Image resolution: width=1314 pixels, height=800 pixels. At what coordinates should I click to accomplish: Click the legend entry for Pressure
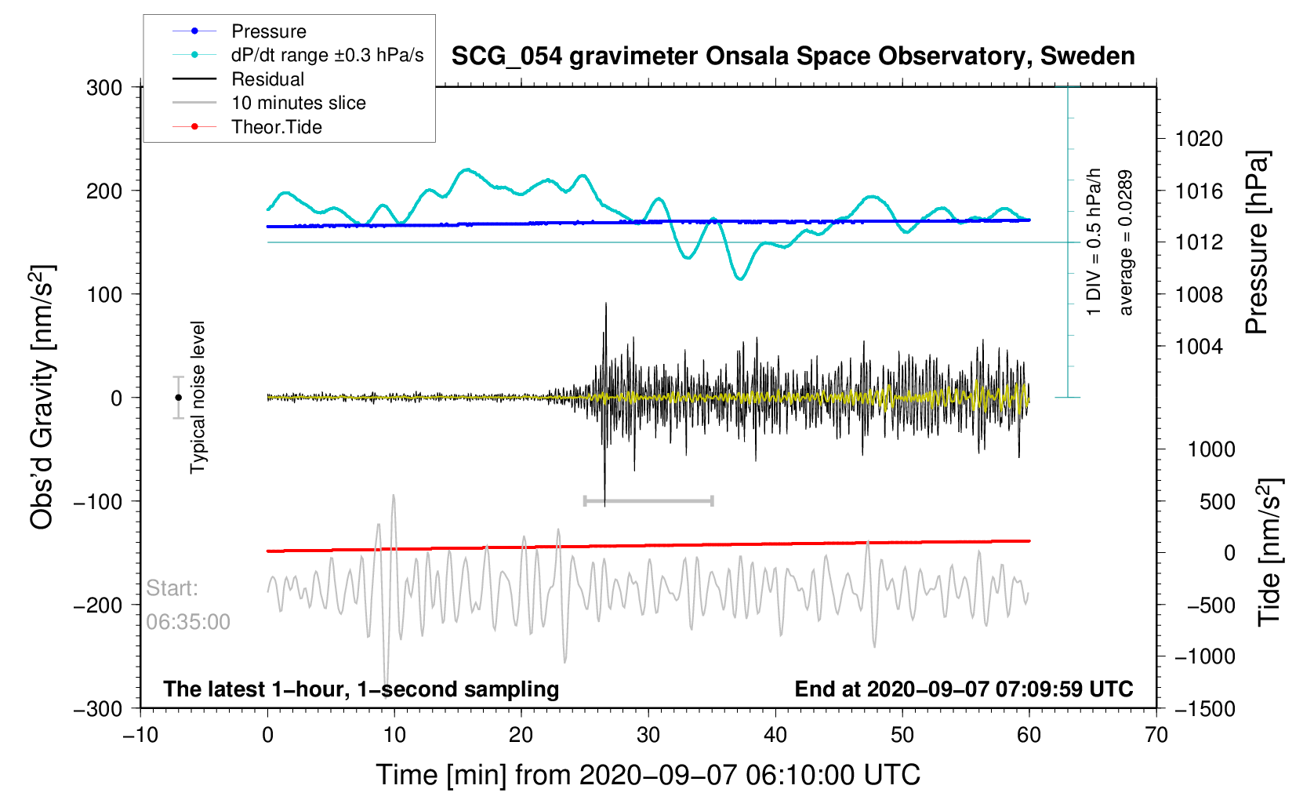point(268,31)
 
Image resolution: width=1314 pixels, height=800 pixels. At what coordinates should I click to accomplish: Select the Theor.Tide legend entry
point(276,127)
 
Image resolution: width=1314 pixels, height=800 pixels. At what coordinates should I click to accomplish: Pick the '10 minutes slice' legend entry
point(298,103)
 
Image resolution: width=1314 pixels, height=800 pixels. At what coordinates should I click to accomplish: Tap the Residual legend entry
point(267,79)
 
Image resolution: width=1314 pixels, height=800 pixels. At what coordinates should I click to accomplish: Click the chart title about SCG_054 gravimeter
point(793,56)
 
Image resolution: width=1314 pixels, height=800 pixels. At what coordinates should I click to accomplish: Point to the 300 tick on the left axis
point(104,88)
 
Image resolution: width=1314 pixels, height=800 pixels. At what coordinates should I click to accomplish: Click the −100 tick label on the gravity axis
point(98,502)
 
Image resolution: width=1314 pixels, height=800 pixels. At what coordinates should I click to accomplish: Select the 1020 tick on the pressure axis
point(1199,140)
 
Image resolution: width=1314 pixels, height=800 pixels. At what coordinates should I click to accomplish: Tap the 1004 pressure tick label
point(1199,347)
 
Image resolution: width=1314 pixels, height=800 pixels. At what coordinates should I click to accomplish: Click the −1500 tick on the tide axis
point(1204,709)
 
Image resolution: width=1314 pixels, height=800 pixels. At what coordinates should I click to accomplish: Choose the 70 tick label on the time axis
point(1156,736)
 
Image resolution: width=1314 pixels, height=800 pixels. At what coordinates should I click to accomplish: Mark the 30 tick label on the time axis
point(648,736)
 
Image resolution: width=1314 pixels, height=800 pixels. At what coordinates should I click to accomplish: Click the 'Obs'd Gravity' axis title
point(42,397)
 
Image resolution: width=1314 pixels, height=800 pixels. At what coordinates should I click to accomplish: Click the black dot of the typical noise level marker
point(179,398)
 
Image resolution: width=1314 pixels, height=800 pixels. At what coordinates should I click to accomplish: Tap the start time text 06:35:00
point(188,623)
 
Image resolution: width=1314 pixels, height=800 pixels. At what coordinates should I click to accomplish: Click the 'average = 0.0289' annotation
point(1126,243)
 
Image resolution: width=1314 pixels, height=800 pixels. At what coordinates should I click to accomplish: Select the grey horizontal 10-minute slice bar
point(648,500)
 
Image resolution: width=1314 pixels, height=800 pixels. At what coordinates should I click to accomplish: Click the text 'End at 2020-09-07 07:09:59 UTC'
point(964,689)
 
